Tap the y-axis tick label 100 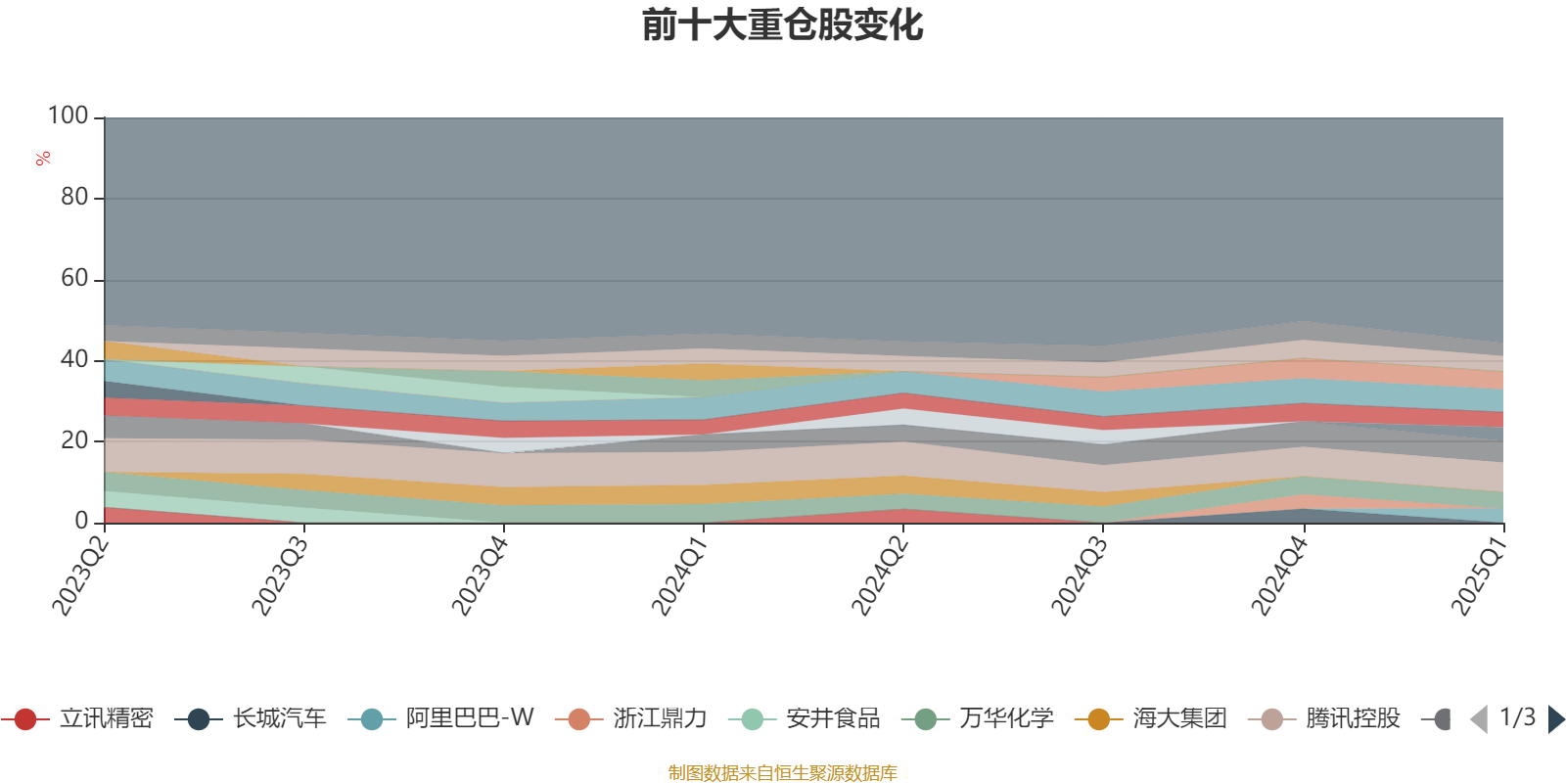[x=69, y=116]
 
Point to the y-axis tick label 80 [x=74, y=198]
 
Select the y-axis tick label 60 [x=74, y=279]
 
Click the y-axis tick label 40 [x=74, y=360]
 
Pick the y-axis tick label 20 [x=74, y=440]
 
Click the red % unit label [x=43, y=159]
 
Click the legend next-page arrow [x=1555, y=720]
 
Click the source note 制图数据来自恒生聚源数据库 [x=782, y=773]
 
